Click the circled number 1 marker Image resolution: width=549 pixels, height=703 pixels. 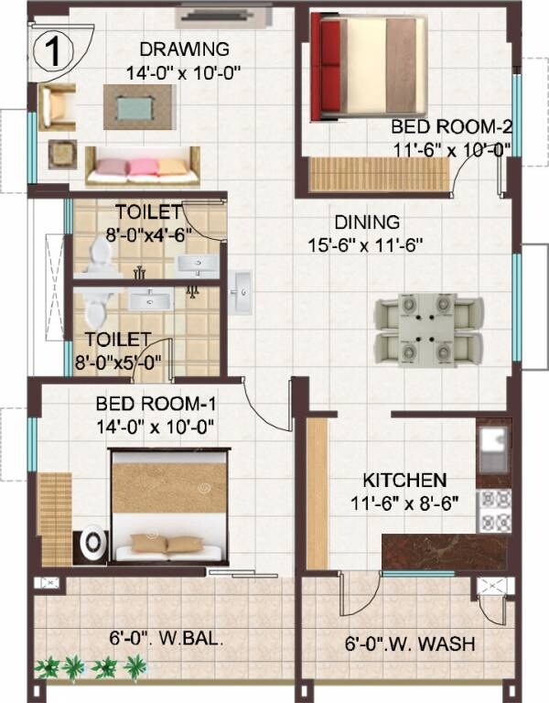54,51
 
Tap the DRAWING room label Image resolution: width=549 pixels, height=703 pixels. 185,49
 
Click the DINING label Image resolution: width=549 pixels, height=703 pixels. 366,222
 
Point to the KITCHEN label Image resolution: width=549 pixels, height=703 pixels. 404,480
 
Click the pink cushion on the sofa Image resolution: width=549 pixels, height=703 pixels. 143,167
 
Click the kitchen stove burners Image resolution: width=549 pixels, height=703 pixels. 495,511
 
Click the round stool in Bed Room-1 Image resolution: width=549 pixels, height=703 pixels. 93,543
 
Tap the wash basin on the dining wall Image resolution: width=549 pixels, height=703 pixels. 242,293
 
